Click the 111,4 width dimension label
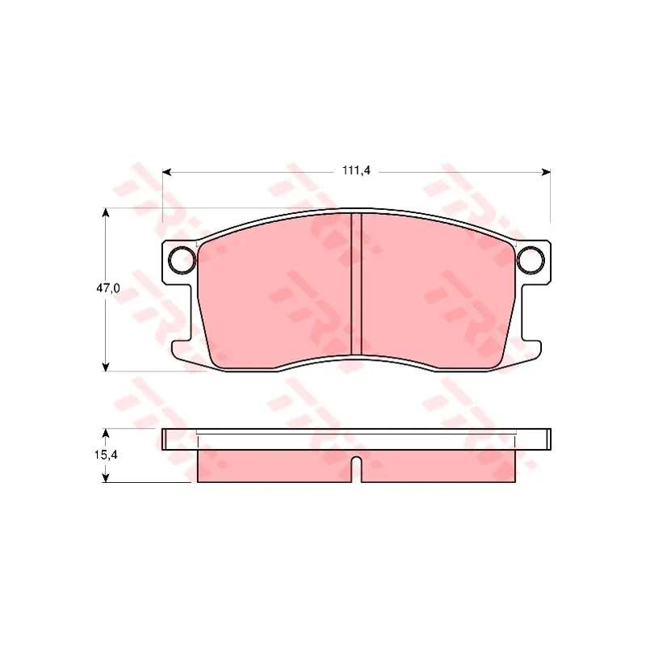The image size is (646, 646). [356, 170]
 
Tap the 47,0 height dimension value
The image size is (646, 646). [108, 288]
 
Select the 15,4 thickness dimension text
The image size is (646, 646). [107, 455]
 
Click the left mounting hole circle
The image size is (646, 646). [182, 260]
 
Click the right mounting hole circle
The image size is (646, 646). [531, 260]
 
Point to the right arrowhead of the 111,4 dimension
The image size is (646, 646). [546, 172]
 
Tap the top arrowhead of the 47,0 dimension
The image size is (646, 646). [106, 212]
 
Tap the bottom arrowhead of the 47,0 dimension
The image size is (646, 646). [106, 367]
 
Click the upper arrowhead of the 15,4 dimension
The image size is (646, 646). [106, 434]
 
